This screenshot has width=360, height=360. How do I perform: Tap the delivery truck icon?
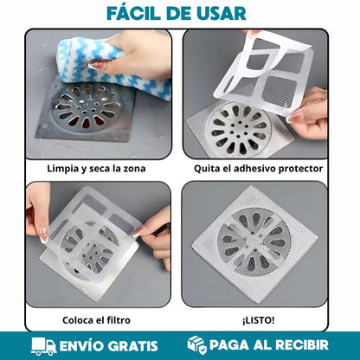[x=43, y=345]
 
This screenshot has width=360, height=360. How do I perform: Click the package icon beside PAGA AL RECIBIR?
[x=197, y=345]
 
